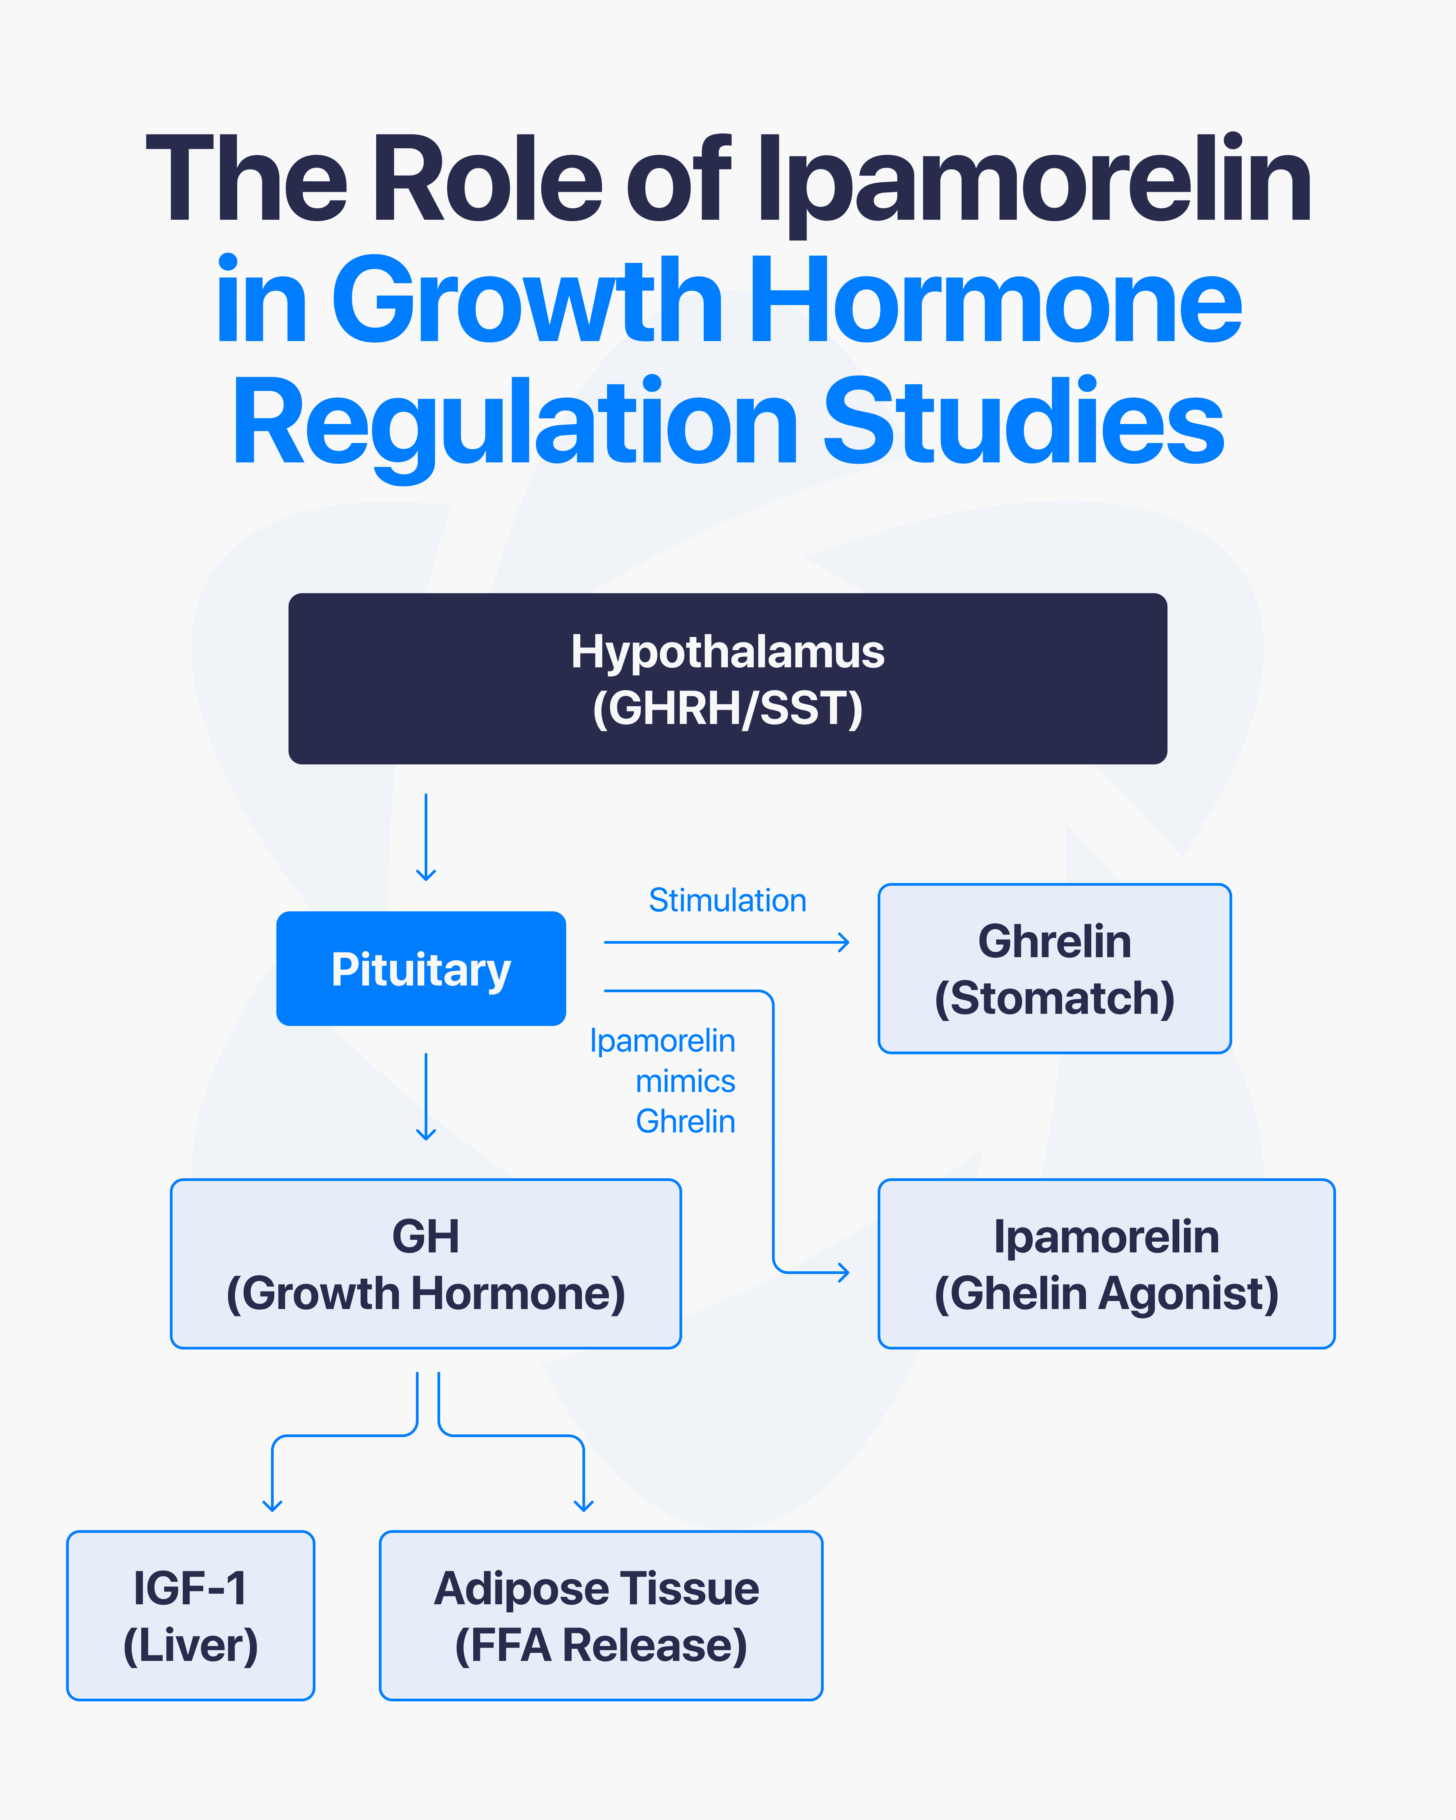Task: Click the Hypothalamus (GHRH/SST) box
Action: [x=728, y=679]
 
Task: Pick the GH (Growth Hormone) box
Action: [x=425, y=1264]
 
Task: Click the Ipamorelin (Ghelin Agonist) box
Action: [x=1106, y=1264]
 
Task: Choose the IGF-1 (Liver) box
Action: [x=191, y=1616]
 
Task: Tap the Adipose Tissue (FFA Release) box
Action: [x=601, y=1616]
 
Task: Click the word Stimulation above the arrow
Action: [x=727, y=901]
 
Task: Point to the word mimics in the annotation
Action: [x=686, y=1081]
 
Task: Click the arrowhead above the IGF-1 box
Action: [x=272, y=1504]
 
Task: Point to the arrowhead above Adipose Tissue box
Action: [x=583, y=1504]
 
